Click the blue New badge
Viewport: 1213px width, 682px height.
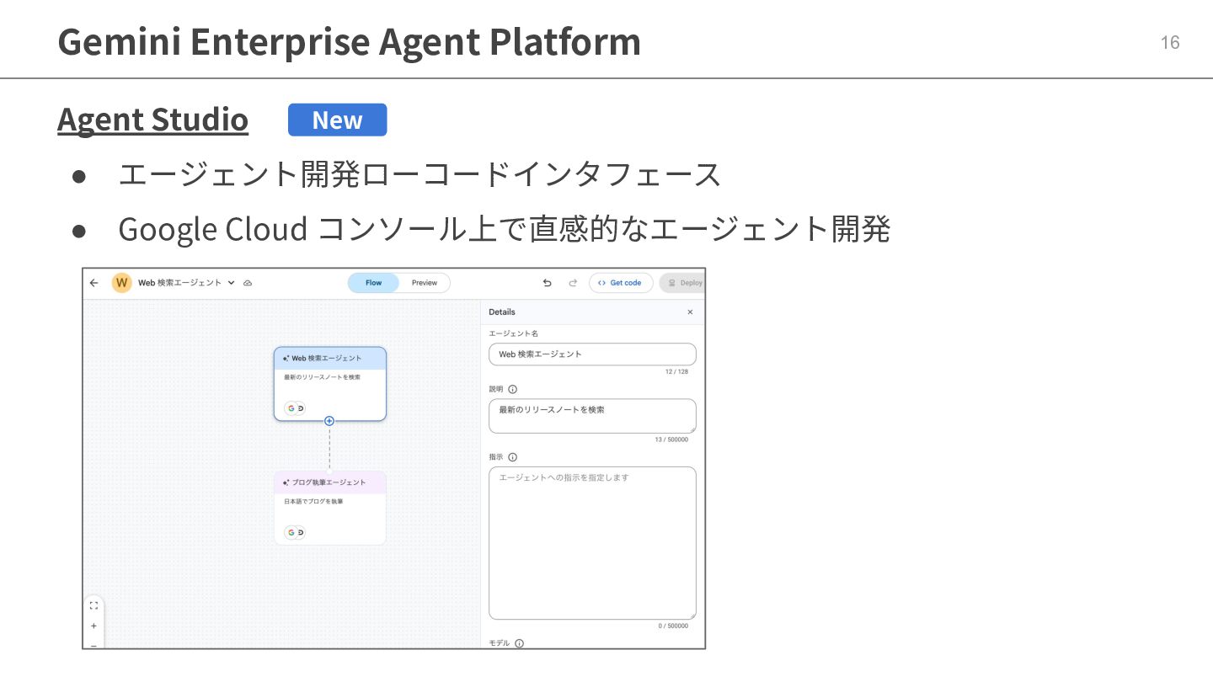point(337,120)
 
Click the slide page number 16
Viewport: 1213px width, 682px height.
point(1170,43)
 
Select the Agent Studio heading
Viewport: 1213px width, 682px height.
point(152,120)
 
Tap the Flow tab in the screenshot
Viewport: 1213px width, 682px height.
point(373,283)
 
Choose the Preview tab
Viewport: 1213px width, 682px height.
point(425,283)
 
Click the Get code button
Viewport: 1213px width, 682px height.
point(621,283)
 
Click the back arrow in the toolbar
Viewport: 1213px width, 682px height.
point(94,283)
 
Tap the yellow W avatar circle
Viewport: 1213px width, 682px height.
point(121,283)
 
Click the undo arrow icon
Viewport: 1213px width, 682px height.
point(547,283)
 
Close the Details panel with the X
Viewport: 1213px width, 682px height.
point(690,312)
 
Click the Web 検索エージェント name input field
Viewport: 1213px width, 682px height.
point(592,354)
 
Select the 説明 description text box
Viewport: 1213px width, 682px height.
point(592,416)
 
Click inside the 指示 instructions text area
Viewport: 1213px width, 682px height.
point(592,543)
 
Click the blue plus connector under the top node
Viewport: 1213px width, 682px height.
point(329,421)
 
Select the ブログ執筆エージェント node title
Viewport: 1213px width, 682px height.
point(329,482)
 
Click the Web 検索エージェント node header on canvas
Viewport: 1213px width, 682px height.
point(329,358)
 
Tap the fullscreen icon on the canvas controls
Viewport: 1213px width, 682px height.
point(94,605)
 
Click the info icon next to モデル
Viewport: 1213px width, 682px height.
point(519,643)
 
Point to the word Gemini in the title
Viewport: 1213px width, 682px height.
point(119,41)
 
